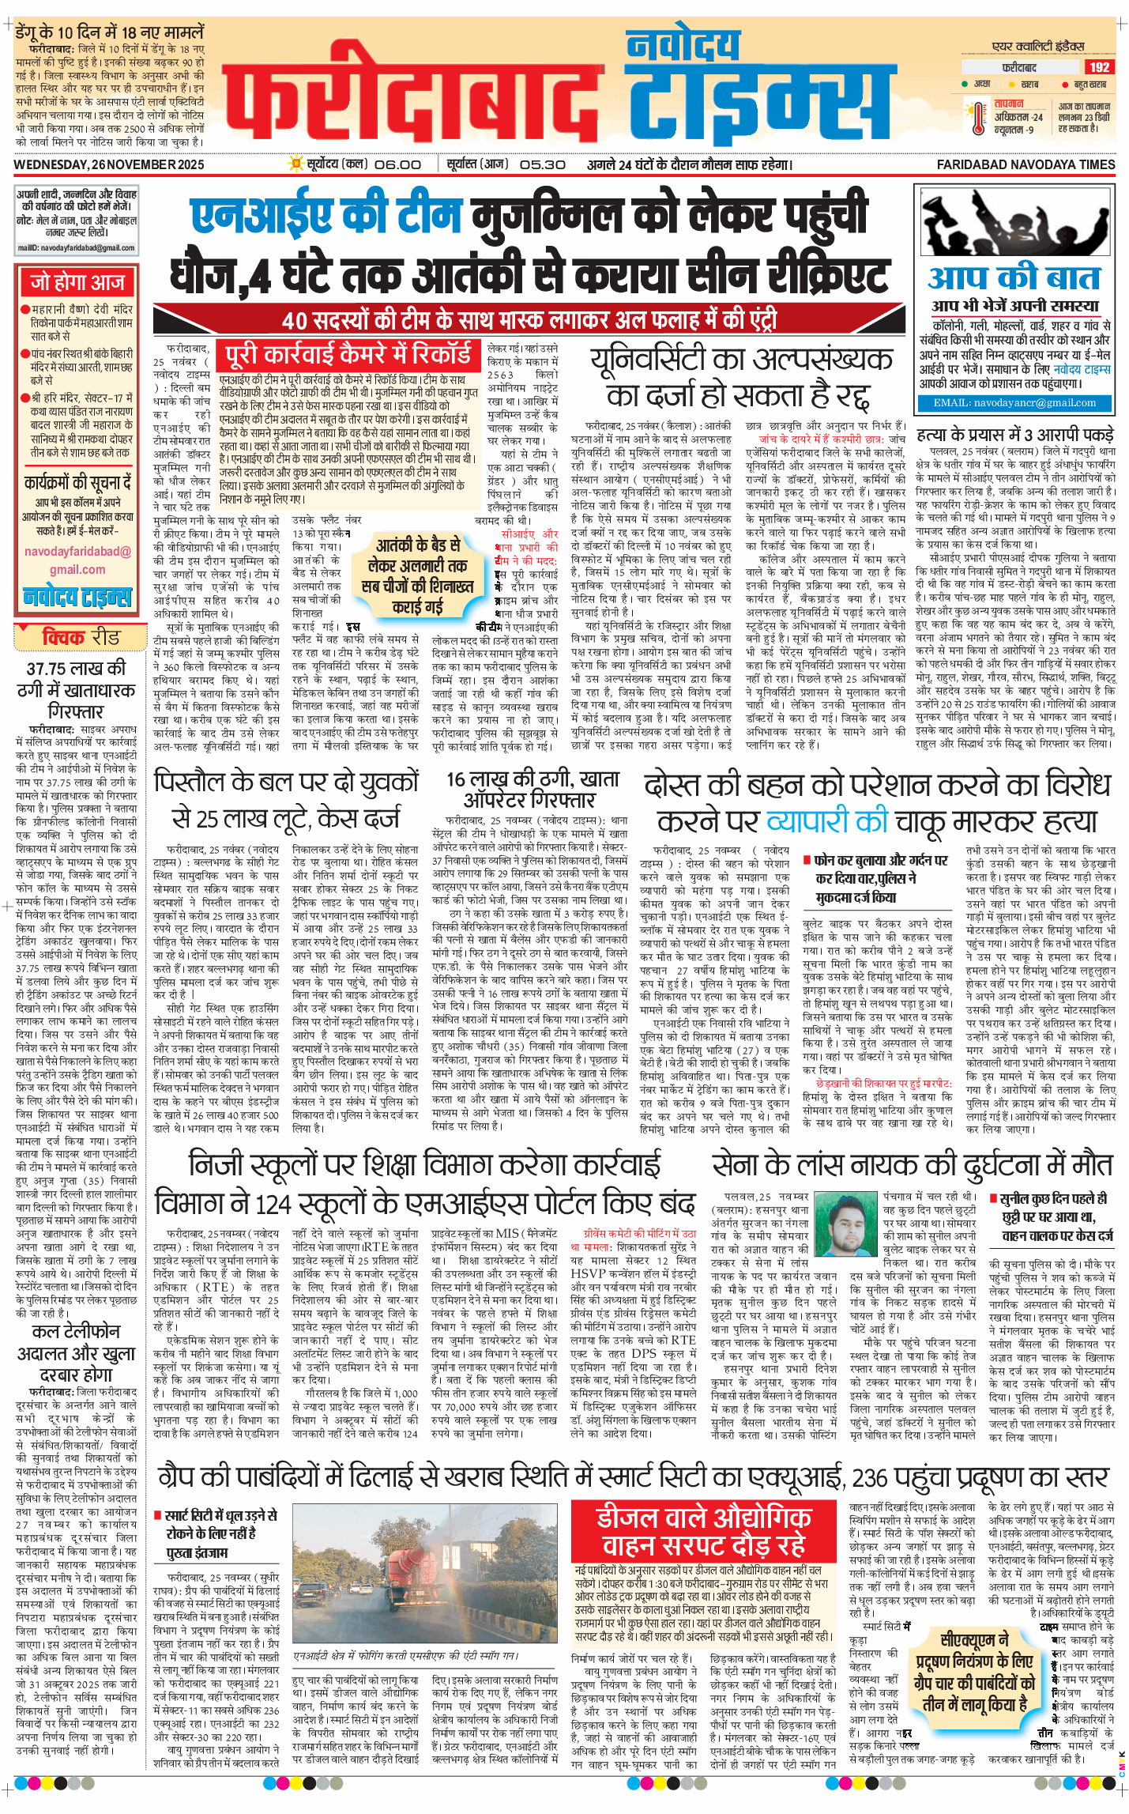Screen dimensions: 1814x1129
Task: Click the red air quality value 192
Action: (x=1099, y=67)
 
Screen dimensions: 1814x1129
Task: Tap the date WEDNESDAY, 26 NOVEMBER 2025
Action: (x=109, y=164)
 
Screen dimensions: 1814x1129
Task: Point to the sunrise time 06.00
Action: (x=397, y=164)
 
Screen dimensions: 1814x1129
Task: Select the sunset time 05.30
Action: (x=543, y=164)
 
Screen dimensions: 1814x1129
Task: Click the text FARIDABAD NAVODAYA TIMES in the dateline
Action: (x=1026, y=164)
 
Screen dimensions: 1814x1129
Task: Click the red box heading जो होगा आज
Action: (x=77, y=282)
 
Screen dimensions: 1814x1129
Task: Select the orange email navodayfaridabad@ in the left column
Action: (x=77, y=551)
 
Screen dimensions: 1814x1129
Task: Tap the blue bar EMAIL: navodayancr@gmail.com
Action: (x=1014, y=402)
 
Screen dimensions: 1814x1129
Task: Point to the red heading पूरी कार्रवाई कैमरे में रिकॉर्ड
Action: (x=348, y=356)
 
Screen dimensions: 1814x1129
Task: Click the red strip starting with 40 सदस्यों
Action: (x=529, y=320)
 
